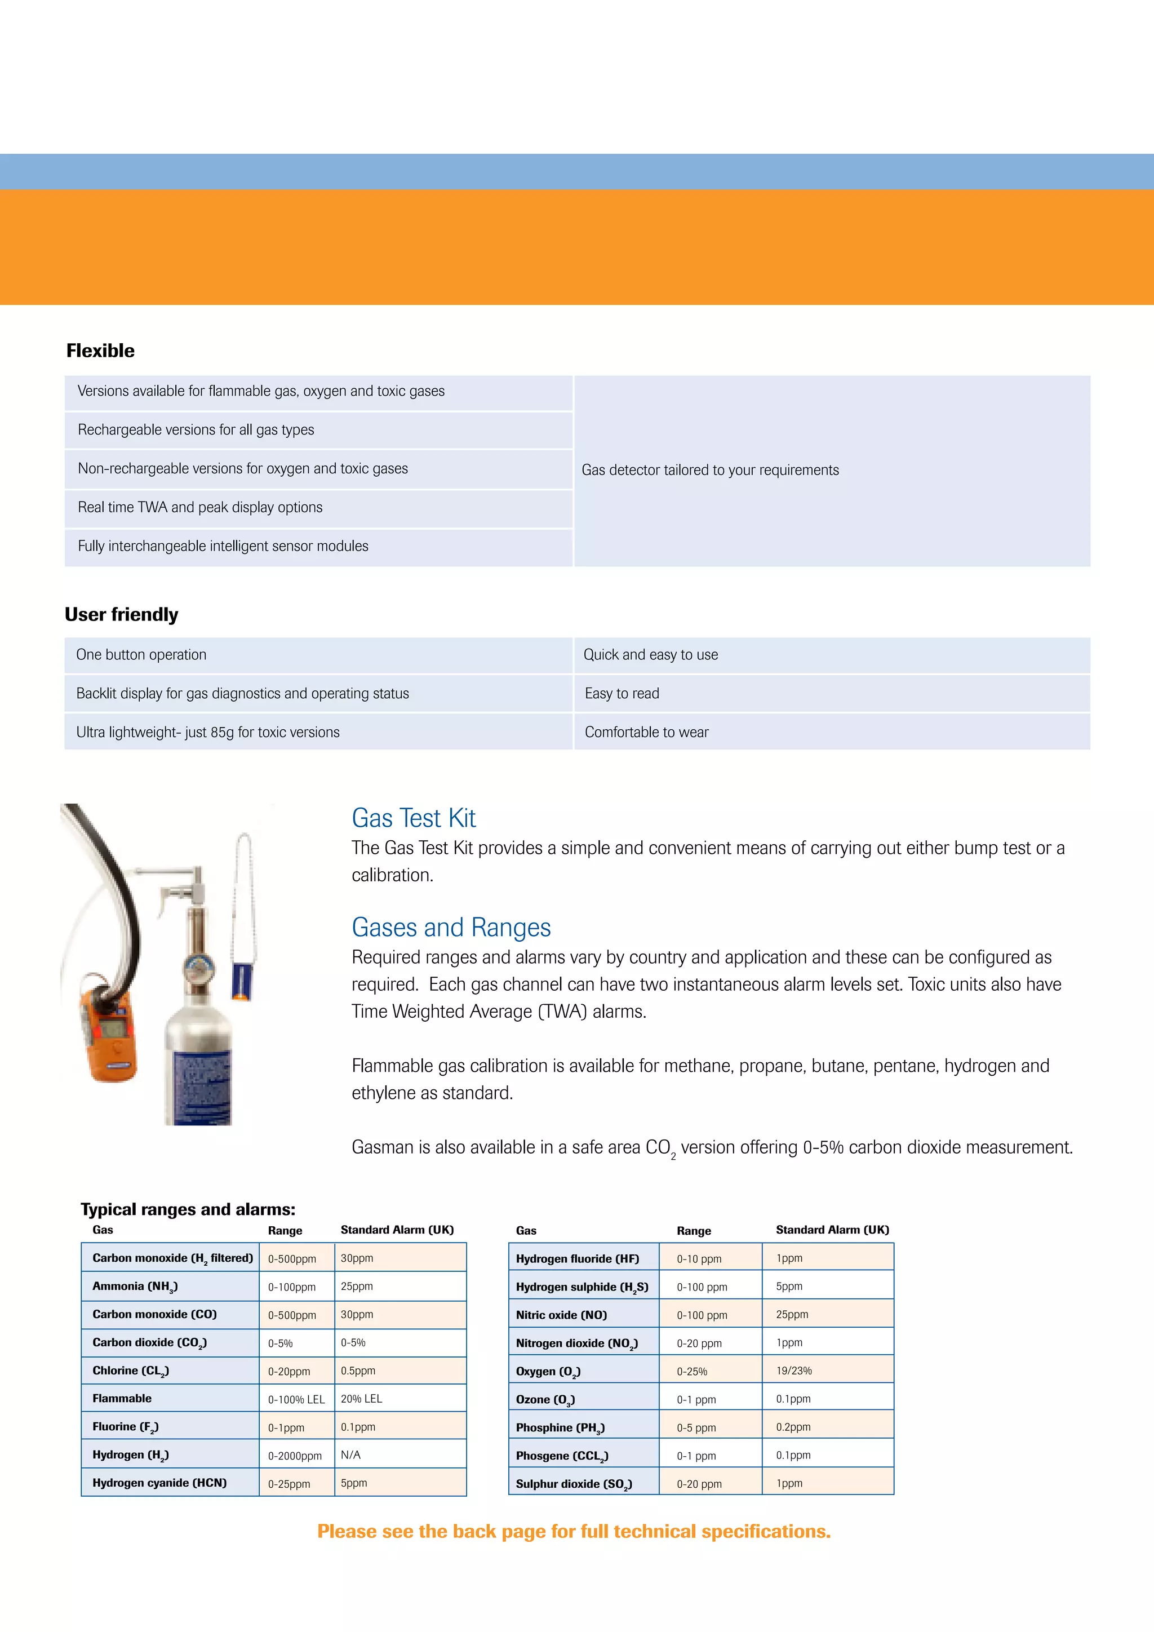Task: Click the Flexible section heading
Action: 100,351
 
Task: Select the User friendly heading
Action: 122,614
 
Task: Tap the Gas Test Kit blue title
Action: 414,818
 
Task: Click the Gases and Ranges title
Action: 451,928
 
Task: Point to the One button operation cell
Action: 141,655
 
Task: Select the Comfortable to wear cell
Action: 647,732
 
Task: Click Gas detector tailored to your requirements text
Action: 710,470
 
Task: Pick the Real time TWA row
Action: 201,508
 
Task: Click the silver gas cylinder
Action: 199,1052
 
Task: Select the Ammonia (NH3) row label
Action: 135,1287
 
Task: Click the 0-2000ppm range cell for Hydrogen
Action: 295,1456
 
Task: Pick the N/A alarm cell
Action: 351,1455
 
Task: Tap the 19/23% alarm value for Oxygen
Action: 794,1371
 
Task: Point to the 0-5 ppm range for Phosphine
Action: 696,1427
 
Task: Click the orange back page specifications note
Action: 574,1531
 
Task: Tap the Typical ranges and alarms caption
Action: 188,1209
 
